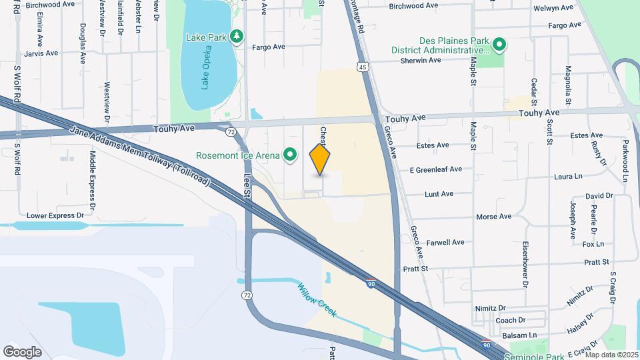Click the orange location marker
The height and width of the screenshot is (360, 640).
pos(320,159)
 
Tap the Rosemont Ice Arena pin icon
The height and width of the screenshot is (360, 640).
pos(290,155)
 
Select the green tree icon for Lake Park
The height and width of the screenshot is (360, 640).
pos(235,35)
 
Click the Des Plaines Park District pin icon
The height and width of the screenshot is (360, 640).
pos(497,45)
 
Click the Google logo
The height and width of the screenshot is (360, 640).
pos(22,351)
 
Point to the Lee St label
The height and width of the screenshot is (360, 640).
pos(248,184)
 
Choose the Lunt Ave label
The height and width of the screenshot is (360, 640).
pos(439,194)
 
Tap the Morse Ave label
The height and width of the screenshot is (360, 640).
pos(494,217)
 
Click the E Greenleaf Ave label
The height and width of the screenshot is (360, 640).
pos(436,169)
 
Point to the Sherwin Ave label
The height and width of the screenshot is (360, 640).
pos(420,60)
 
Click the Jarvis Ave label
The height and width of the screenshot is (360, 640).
pos(41,52)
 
